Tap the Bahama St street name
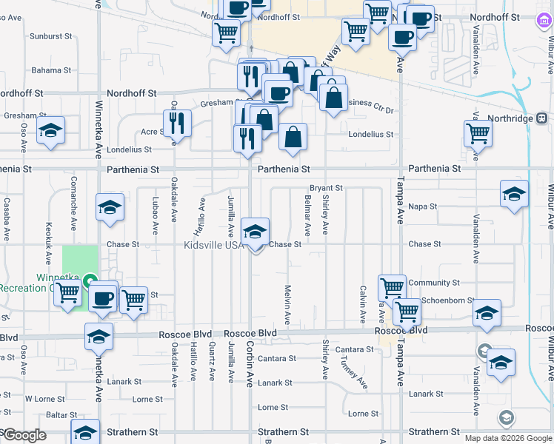(51, 70)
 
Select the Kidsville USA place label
(214, 245)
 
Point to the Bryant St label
(326, 188)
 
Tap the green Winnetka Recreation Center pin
(90, 280)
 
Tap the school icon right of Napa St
(514, 194)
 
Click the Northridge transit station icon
(542, 118)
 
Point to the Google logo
(24, 436)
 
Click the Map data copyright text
(507, 437)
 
